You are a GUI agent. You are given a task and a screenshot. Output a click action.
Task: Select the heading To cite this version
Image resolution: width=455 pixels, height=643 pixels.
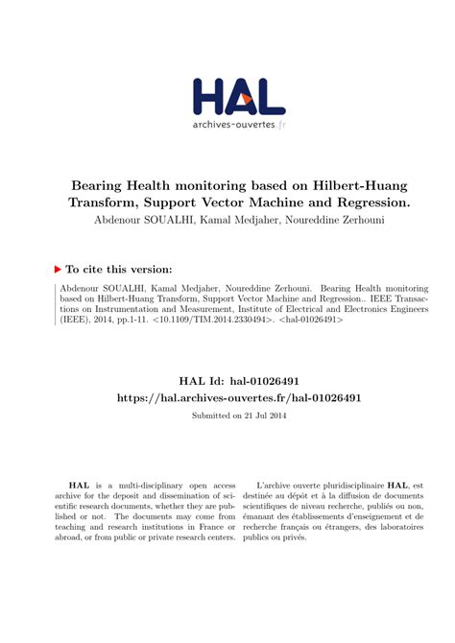click(x=119, y=270)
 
